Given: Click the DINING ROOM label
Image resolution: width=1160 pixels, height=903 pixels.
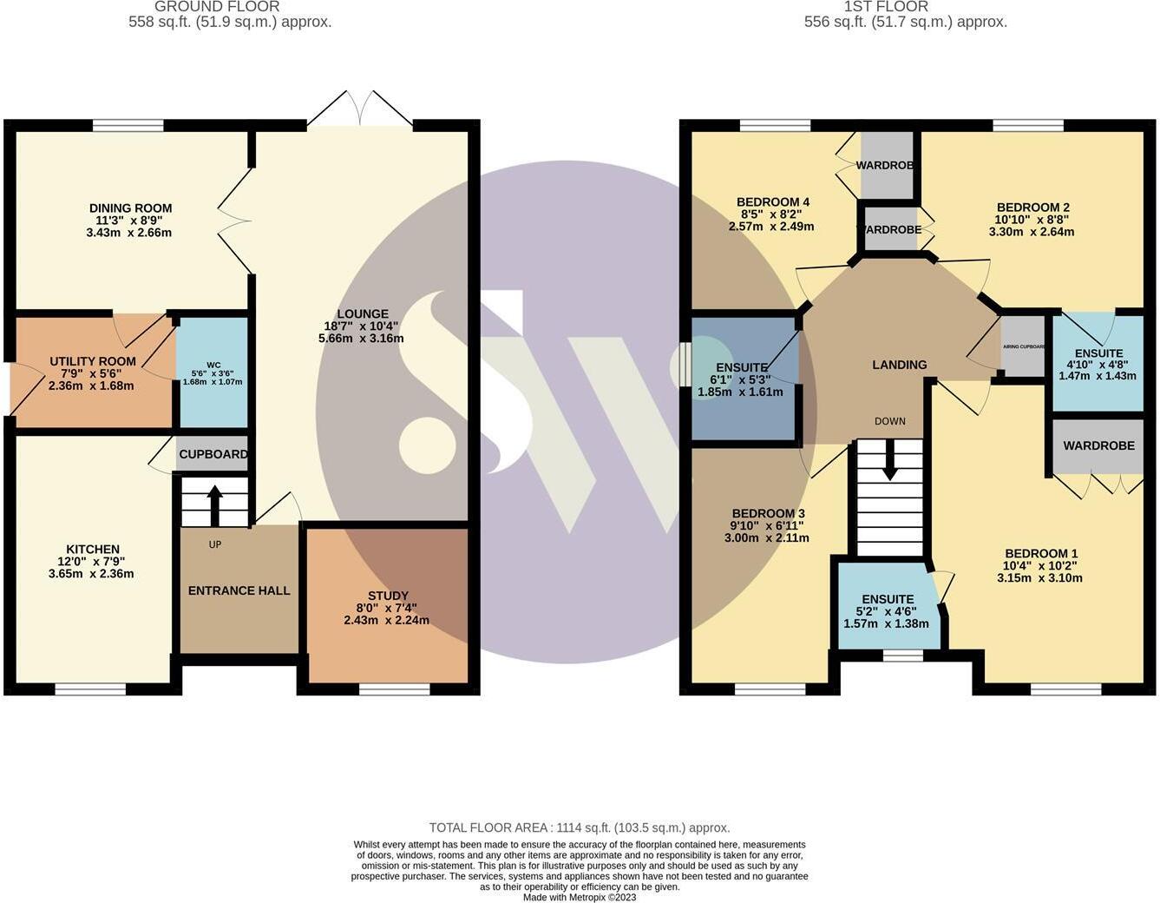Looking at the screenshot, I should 130,208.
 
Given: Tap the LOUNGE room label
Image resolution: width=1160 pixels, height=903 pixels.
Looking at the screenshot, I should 363,314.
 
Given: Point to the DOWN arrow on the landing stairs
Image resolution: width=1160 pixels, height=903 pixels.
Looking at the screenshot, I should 889,460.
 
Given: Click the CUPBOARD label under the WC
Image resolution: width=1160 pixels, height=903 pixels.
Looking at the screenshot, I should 213,454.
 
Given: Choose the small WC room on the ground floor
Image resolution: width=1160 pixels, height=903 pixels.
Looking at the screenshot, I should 213,373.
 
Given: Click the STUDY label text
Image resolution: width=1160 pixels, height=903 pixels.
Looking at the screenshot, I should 388,596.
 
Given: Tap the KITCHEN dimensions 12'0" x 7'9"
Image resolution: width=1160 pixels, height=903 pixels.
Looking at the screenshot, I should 93,562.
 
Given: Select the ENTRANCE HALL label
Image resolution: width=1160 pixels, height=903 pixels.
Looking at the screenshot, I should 239,590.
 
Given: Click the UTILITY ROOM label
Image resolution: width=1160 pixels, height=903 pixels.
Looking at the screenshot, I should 93,361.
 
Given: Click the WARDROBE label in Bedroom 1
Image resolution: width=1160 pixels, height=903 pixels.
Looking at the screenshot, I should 1098,445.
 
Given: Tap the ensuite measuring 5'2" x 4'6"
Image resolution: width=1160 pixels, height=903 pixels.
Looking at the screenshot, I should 887,611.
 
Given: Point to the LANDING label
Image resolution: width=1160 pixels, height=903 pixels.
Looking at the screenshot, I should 899,365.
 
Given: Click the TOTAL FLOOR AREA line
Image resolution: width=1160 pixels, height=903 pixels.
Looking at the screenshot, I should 579,827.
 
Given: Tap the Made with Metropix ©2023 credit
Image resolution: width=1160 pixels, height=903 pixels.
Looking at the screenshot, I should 579,897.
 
